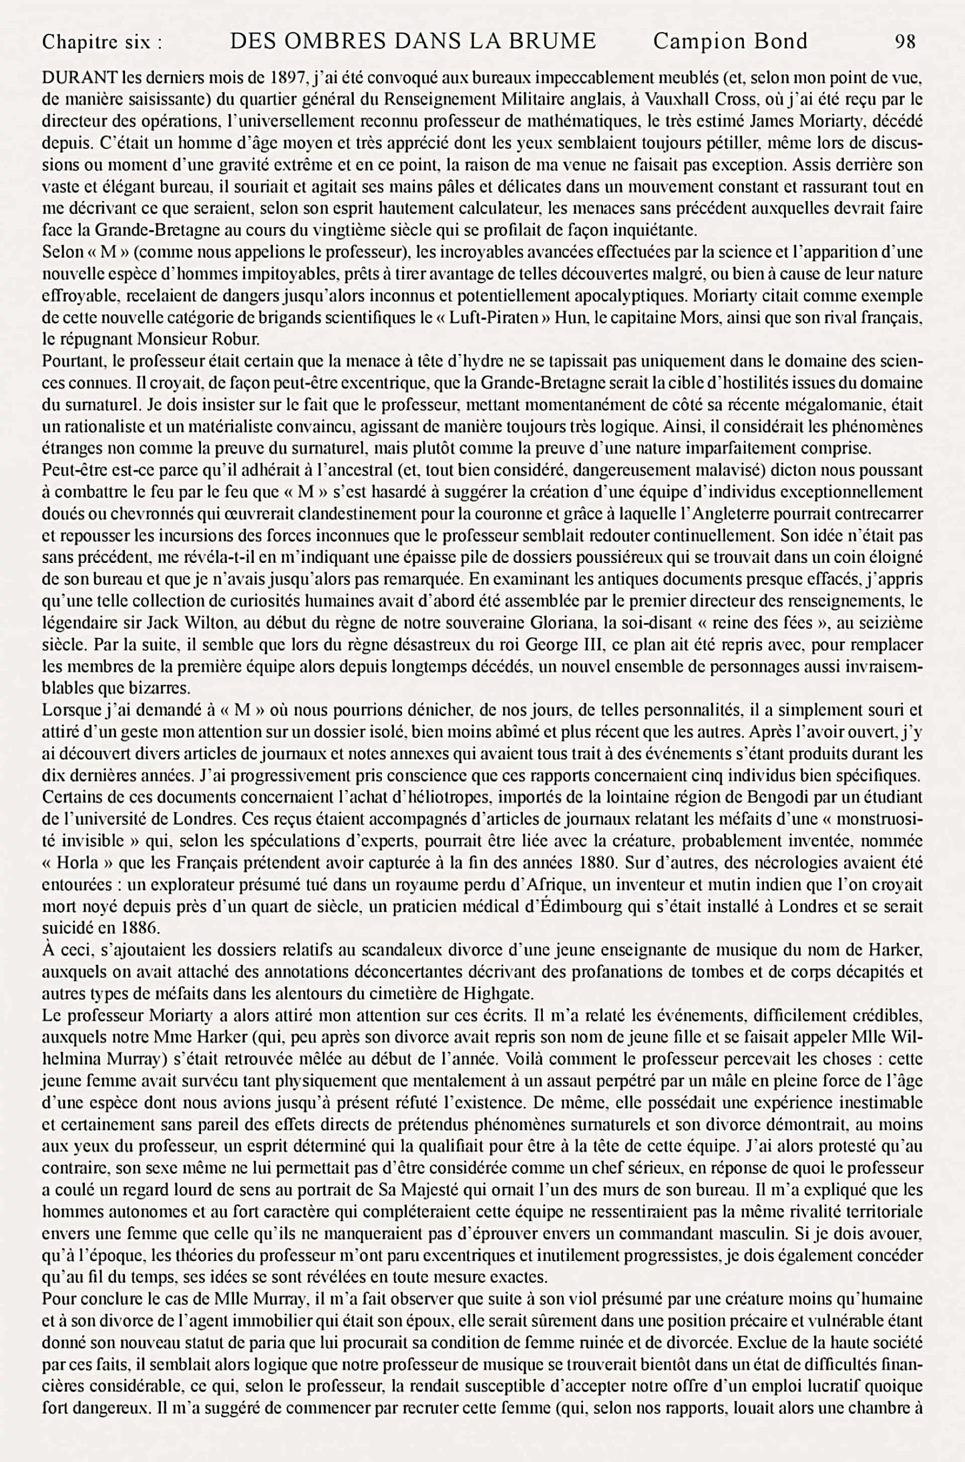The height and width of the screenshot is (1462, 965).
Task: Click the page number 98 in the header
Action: (905, 41)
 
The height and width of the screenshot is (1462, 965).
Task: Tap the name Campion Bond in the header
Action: (730, 41)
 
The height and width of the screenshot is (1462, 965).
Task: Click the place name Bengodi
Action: (774, 798)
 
